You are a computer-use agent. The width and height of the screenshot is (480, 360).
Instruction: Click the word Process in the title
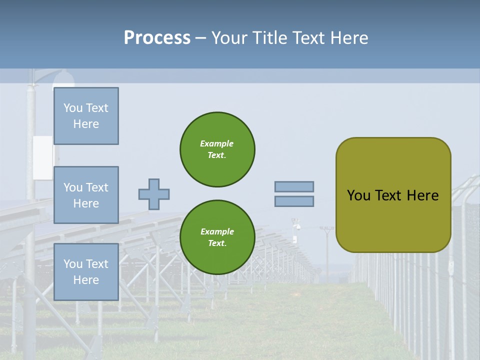(157, 38)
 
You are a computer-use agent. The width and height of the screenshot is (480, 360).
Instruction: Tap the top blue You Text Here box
(86, 116)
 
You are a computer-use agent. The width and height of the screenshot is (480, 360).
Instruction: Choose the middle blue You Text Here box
(86, 195)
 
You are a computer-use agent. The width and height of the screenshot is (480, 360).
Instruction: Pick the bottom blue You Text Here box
(86, 271)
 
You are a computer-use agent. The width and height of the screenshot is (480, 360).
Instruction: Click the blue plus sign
(154, 194)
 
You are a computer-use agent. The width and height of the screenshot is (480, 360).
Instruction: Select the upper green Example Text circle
(217, 149)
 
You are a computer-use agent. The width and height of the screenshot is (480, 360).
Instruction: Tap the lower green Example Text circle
(217, 237)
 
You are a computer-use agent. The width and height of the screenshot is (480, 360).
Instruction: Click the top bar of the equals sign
(294, 186)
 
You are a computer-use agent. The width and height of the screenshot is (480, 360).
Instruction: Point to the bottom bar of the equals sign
(294, 201)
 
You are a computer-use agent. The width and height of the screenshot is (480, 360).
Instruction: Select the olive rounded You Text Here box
(393, 195)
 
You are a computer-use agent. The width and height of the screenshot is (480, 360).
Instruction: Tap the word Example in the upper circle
(217, 143)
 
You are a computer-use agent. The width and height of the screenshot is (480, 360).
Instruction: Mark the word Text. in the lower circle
(217, 243)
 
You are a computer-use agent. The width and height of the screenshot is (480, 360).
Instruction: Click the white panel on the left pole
(42, 157)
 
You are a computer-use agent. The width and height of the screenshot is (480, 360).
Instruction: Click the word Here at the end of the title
(349, 38)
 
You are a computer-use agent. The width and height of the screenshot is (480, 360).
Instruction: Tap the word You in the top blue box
(72, 108)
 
